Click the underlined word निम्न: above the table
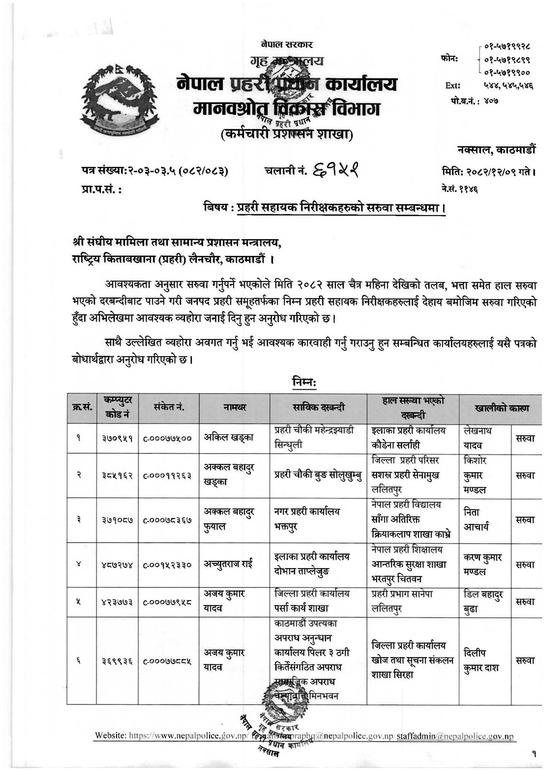(x=304, y=382)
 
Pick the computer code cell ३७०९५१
(x=117, y=438)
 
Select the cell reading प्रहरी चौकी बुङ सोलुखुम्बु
(x=318, y=475)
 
